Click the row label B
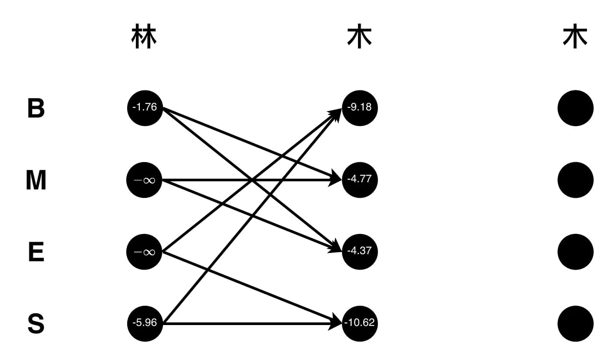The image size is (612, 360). pyautogui.click(x=36, y=108)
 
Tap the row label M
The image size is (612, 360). pyautogui.click(x=36, y=180)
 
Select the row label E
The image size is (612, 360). pyautogui.click(x=36, y=252)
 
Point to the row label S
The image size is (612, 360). pyautogui.click(x=36, y=324)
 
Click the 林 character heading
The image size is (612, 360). pyautogui.click(x=144, y=36)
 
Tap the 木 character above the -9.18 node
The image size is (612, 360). pyautogui.click(x=359, y=36)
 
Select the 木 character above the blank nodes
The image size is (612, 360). pyautogui.click(x=575, y=36)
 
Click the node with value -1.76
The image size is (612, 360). pyautogui.click(x=145, y=108)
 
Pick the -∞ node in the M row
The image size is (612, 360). pyautogui.click(x=144, y=180)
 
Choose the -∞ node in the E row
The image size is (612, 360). pyautogui.click(x=144, y=252)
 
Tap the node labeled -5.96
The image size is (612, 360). pyautogui.click(x=145, y=324)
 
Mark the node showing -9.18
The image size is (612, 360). pyautogui.click(x=360, y=108)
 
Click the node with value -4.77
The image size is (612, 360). pyautogui.click(x=360, y=180)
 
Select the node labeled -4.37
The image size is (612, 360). pyautogui.click(x=360, y=252)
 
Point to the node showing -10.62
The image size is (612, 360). pyautogui.click(x=360, y=324)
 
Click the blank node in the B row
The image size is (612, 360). pyautogui.click(x=575, y=108)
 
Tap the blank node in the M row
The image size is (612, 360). pyautogui.click(x=575, y=180)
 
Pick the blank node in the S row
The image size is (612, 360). pyautogui.click(x=575, y=324)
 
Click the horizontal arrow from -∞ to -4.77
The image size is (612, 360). pyautogui.click(x=252, y=180)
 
